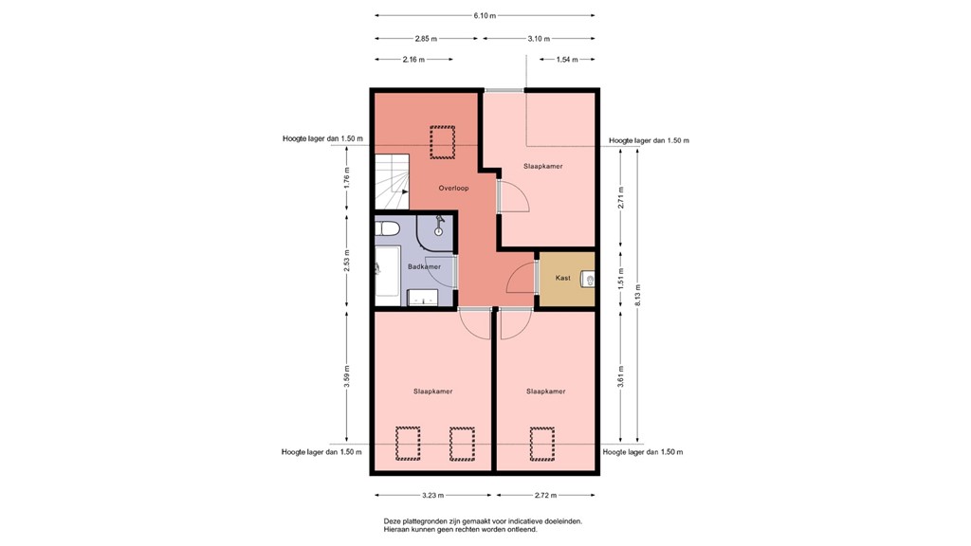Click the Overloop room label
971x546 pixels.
pos(454,189)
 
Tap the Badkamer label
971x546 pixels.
pos(424,266)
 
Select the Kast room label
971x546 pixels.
pos(563,278)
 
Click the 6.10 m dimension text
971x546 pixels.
pos(485,16)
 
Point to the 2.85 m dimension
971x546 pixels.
pos(426,38)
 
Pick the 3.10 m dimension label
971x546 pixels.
pos(539,38)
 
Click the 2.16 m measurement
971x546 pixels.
pos(413,60)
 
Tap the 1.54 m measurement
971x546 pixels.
pos(567,60)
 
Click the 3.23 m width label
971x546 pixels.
pos(432,495)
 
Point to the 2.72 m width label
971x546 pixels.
pos(545,495)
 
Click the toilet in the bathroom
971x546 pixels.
pos(387,228)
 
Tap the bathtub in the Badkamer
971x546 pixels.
pos(387,276)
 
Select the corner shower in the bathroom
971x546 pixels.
pos(434,233)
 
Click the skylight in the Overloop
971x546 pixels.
pos(442,142)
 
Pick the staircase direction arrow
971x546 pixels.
pos(402,191)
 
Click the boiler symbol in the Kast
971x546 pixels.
pos(588,280)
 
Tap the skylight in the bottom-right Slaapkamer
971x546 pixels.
pos(541,444)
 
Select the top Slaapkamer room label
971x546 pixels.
pos(543,167)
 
